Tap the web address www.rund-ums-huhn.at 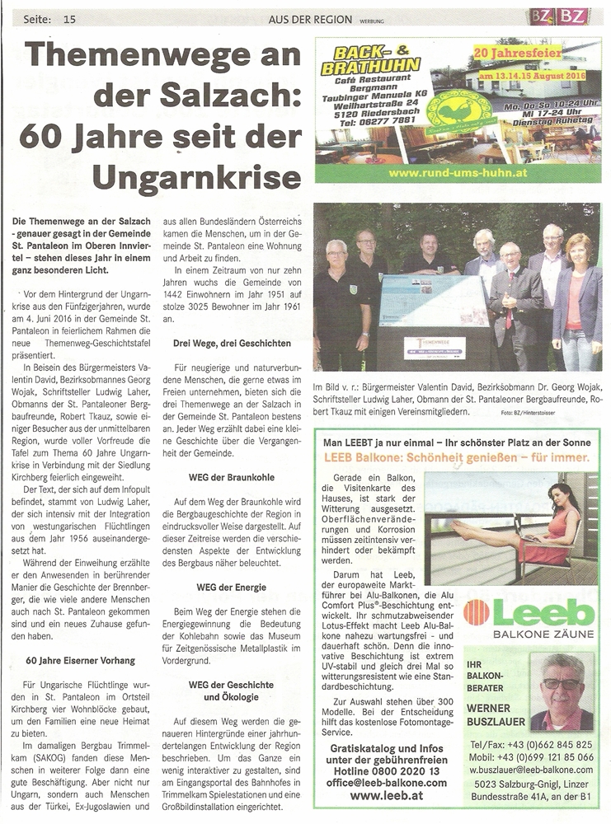coord(459,174)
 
